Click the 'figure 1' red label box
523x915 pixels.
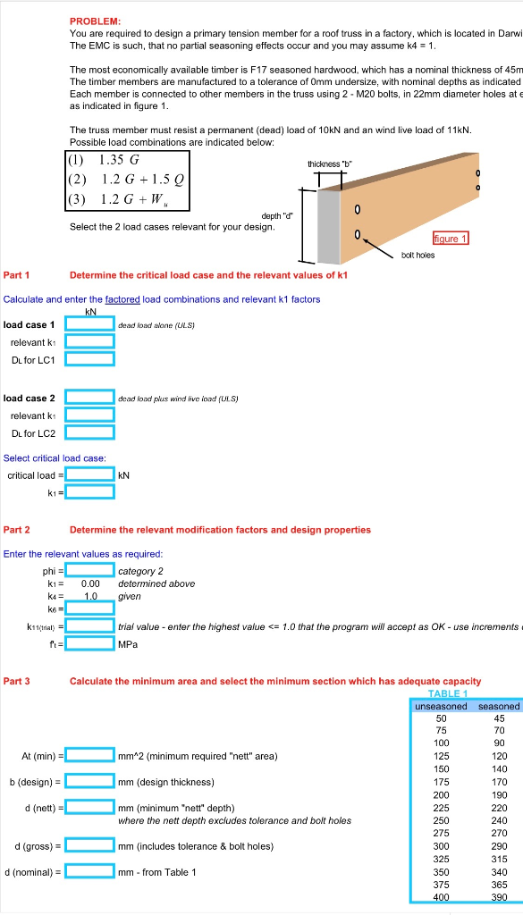[451, 239]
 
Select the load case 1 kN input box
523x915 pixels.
[89, 324]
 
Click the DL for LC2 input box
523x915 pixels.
[89, 433]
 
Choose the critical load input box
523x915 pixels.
[89, 474]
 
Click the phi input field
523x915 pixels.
[89, 570]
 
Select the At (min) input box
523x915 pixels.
[89, 756]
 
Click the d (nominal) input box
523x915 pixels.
[89, 871]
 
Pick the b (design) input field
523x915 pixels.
[89, 782]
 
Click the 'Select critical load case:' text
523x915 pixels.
[55, 458]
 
